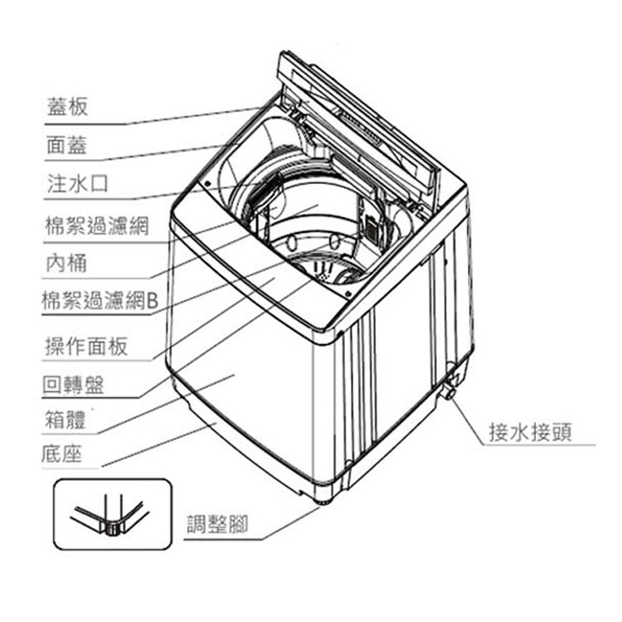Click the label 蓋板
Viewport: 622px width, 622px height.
[x=67, y=107]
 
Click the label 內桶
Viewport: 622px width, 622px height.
[x=67, y=263]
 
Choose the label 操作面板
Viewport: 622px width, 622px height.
[x=86, y=345]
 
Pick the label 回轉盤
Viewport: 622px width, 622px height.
[x=77, y=385]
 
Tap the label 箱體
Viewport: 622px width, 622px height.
[x=67, y=420]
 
